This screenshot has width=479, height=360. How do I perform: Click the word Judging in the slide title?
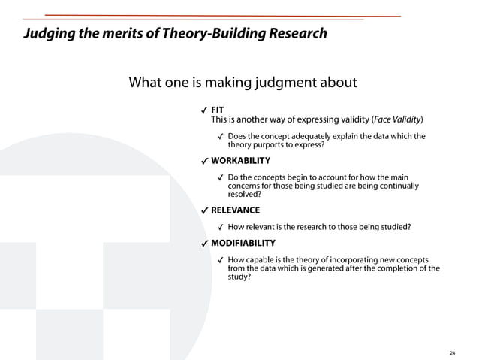coord(47,34)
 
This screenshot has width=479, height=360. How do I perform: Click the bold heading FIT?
coord(218,110)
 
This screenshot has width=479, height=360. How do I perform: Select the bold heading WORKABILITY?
coord(240,161)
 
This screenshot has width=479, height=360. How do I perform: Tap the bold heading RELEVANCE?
coord(235,210)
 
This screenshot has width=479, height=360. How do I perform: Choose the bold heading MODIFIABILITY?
coord(243,243)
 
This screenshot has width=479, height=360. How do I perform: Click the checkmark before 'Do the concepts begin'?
coord(221,178)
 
